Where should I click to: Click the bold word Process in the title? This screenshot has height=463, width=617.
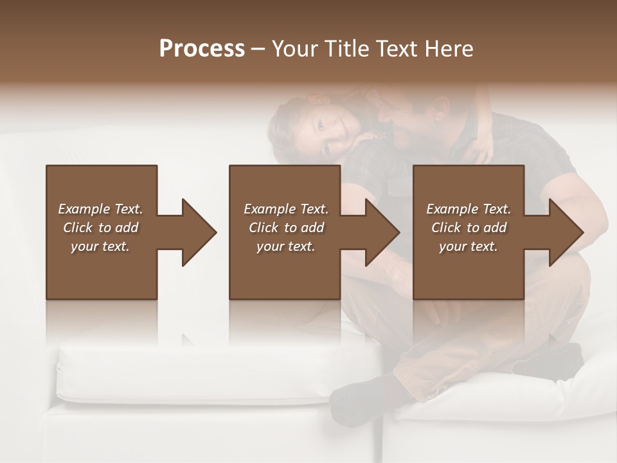point(202,49)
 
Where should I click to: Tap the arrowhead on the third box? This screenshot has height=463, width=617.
point(565,232)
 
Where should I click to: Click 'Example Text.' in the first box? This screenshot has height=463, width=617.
point(100,209)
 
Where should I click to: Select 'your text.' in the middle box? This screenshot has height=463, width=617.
point(285,246)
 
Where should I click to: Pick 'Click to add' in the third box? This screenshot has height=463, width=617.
point(469,228)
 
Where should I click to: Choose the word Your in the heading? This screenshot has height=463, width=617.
point(294,49)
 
